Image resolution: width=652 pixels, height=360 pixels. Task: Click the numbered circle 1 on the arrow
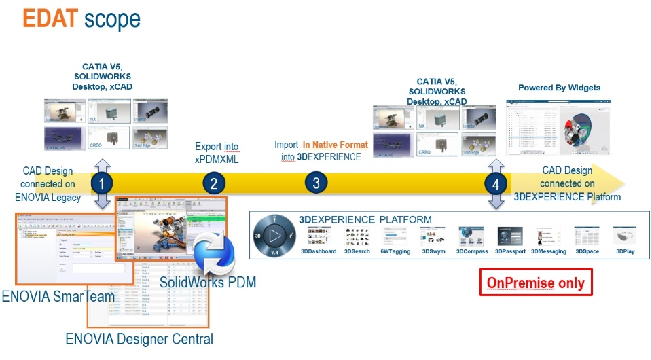(101, 183)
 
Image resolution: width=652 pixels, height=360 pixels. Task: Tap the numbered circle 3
(316, 183)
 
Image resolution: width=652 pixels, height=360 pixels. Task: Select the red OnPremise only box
(536, 283)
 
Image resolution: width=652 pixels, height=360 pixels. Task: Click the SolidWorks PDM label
(208, 281)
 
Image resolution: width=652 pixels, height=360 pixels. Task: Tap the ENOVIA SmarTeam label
(58, 296)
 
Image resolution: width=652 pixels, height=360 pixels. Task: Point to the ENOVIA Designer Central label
(139, 338)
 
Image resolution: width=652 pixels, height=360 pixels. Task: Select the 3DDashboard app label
(319, 251)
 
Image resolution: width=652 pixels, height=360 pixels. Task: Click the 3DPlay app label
(626, 251)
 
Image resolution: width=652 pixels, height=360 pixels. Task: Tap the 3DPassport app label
(510, 251)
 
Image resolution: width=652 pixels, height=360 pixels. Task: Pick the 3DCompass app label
(472, 251)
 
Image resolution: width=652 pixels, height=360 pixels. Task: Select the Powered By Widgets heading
(559, 88)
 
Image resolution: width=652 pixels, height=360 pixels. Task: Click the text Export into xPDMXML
(217, 151)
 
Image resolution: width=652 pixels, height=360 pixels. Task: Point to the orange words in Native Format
(336, 145)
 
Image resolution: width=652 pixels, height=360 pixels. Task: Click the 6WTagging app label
(395, 251)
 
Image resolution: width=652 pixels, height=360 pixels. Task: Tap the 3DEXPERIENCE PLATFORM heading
(365, 219)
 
